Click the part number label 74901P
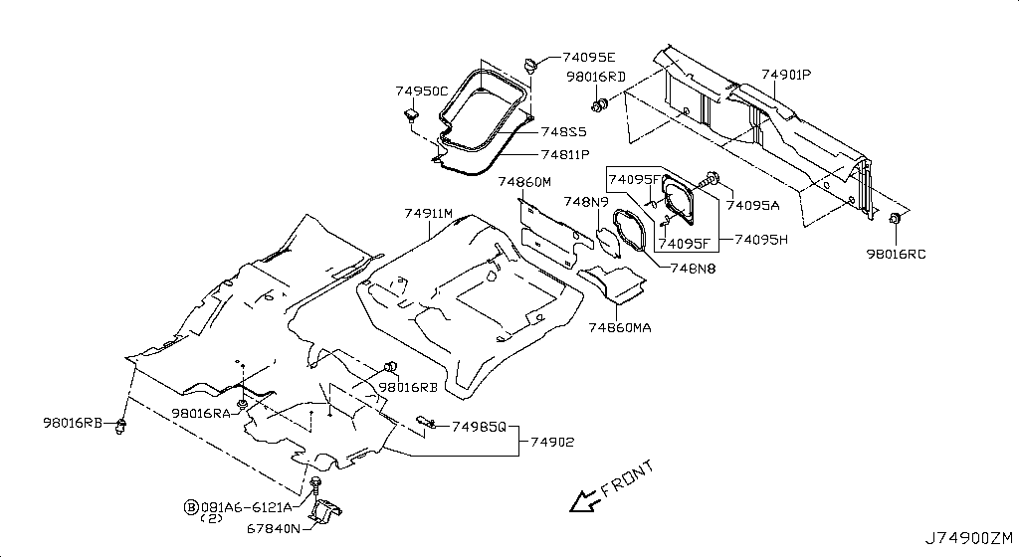point(786,75)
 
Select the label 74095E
point(589,57)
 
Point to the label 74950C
point(422,92)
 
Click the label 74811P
point(565,155)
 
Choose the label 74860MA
point(620,328)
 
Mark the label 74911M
point(428,213)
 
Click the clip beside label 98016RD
point(599,103)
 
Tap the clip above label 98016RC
point(895,218)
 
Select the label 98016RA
point(201,413)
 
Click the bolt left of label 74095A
point(711,178)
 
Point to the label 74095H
point(761,240)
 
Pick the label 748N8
point(694,269)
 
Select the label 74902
point(552,442)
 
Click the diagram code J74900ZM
point(969,538)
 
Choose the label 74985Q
point(479,427)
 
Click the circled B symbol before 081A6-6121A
point(191,507)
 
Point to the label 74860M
point(525,182)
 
